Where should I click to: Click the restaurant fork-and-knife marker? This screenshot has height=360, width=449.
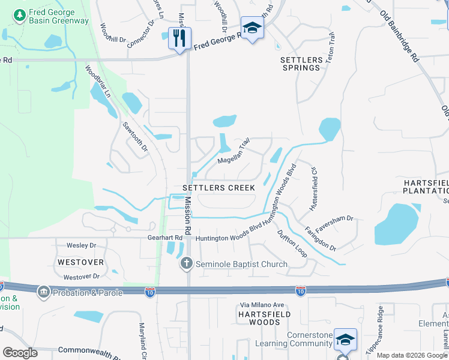coord(179,38)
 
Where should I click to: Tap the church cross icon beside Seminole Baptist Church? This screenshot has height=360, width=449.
coord(186,263)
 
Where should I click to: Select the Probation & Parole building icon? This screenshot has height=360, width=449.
coord(43,292)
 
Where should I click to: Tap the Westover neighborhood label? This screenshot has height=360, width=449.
coord(80,262)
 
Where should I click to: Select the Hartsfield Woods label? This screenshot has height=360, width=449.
coord(264,318)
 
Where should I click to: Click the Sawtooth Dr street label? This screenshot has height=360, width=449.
coord(134,136)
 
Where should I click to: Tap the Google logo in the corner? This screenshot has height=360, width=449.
coord(20,353)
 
